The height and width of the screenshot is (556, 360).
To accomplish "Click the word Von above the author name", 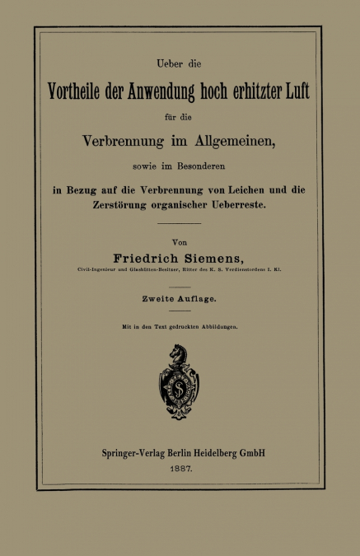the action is click(180, 244).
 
